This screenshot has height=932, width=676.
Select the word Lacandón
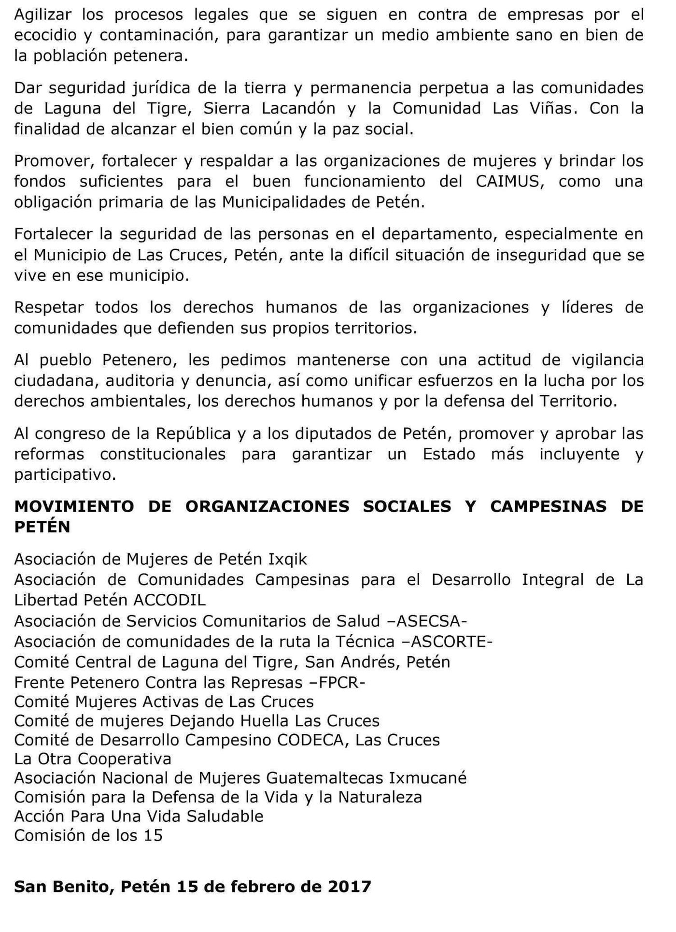click(298, 108)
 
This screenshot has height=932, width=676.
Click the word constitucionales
click(163, 454)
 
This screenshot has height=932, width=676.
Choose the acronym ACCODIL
click(169, 600)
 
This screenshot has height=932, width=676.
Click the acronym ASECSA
click(431, 621)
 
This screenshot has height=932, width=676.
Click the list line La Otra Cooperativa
click(93, 759)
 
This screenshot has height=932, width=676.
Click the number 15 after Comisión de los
click(153, 835)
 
